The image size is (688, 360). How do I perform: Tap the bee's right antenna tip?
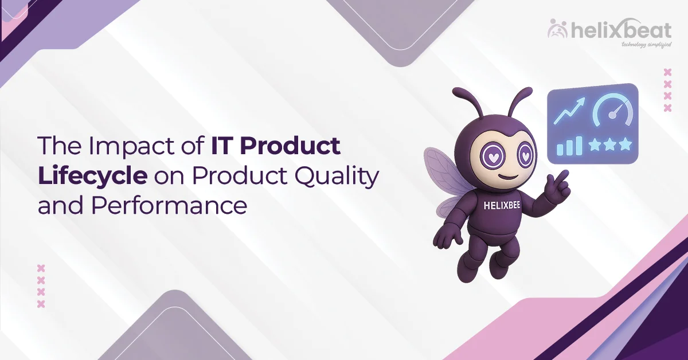(522, 92)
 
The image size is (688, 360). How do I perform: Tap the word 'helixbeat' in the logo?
(619, 29)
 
